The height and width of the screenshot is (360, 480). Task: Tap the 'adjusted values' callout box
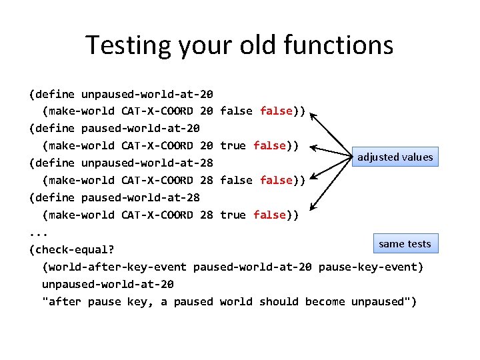pyautogui.click(x=395, y=157)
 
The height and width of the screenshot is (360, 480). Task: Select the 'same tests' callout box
pyautogui.click(x=405, y=243)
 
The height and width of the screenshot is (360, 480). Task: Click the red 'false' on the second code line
pyautogui.click(x=276, y=111)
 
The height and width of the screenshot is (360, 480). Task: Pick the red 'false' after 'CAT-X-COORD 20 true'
pyautogui.click(x=269, y=146)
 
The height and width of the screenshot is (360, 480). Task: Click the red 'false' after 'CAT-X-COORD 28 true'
pyautogui.click(x=269, y=215)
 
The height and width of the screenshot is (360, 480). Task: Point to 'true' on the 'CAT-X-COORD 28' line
pyautogui.click(x=233, y=215)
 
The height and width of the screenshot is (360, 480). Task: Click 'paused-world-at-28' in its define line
pyautogui.click(x=140, y=198)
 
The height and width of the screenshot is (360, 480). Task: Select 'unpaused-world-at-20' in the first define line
pyautogui.click(x=147, y=94)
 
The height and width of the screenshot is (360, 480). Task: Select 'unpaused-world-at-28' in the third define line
pyautogui.click(x=147, y=163)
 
